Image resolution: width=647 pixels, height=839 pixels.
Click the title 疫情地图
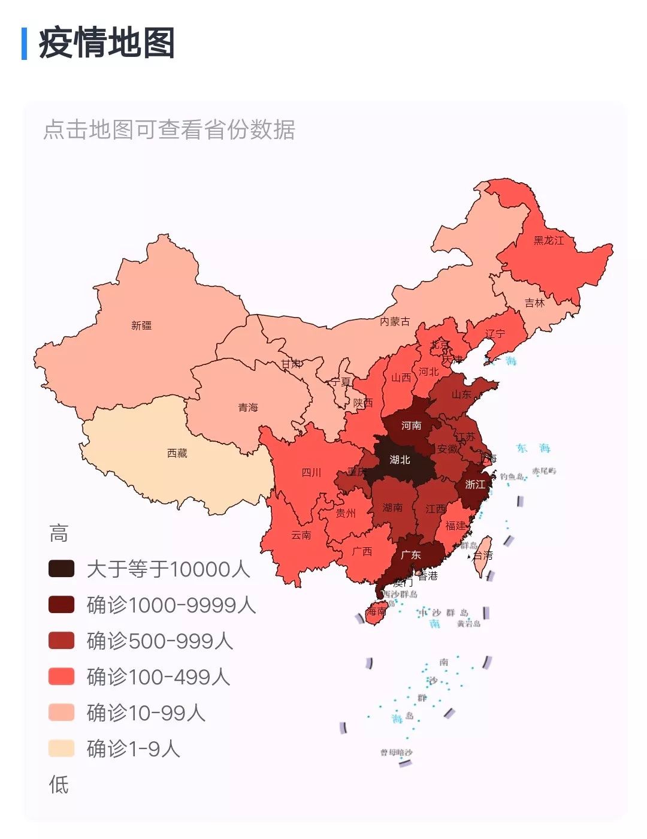coord(107,43)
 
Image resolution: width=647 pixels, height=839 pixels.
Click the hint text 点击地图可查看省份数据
coord(169,129)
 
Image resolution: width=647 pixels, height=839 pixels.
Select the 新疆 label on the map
coord(141,325)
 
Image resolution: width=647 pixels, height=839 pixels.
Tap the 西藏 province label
coord(177,453)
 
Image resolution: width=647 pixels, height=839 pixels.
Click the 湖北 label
coord(400,460)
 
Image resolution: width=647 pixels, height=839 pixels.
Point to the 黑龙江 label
coord(549,240)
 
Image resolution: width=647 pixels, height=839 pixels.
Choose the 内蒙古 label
coord(395,322)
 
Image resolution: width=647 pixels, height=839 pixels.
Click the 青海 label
coord(248,408)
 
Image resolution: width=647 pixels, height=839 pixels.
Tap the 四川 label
coord(311,472)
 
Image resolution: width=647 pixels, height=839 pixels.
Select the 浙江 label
coord(475,484)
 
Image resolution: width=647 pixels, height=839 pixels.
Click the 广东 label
coord(410,555)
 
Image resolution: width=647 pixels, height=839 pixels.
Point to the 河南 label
coord(411,425)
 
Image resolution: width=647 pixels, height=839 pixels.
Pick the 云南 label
coord(301,535)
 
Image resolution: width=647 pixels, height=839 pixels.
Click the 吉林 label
coord(534,303)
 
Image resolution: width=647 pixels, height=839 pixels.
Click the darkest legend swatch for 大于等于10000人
coord(61,569)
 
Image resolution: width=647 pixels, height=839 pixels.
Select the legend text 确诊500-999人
coord(159,641)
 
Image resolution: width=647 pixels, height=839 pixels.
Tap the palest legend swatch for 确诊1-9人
coord(61,749)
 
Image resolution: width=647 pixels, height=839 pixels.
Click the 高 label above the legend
coord(59,533)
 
